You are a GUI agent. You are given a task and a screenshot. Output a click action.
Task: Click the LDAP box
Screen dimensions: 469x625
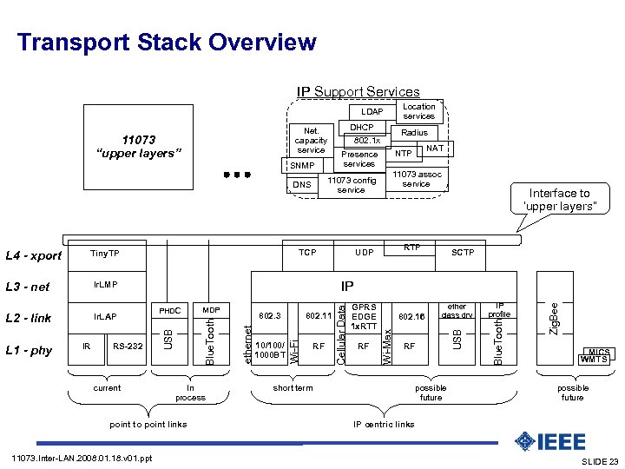click(371, 112)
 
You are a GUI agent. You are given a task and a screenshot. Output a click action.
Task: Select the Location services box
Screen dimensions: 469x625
click(418, 111)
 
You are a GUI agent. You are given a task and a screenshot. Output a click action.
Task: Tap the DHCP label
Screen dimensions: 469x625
click(361, 127)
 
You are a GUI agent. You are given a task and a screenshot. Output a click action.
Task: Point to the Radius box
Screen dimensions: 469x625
click(414, 133)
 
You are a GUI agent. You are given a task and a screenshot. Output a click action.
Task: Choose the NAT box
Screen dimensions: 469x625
click(435, 149)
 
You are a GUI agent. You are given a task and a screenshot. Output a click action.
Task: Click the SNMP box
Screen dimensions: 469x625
click(301, 165)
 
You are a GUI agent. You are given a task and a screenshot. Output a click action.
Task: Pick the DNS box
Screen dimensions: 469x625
click(301, 184)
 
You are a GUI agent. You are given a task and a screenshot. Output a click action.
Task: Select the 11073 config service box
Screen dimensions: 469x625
click(351, 184)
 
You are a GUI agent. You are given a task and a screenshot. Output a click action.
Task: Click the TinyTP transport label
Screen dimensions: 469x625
click(105, 253)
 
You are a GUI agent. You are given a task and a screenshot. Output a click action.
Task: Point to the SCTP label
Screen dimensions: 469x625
click(463, 253)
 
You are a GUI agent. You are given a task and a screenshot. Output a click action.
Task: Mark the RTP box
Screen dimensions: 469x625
click(413, 248)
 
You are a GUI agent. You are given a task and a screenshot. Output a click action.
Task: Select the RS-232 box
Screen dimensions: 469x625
click(128, 346)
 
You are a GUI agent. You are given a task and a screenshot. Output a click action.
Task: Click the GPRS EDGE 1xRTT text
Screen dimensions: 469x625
click(365, 316)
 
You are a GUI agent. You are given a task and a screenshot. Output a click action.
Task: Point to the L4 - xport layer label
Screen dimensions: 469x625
click(34, 255)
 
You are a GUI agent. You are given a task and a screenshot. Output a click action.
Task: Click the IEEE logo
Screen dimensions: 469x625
click(549, 441)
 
